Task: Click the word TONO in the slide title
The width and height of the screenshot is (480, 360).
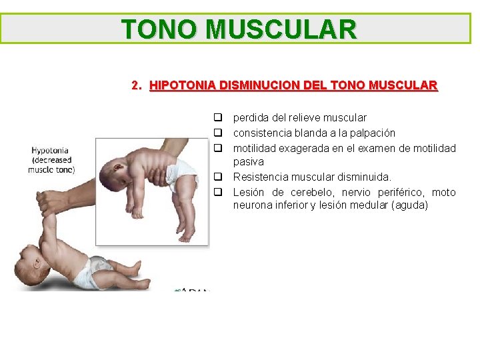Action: [160, 29]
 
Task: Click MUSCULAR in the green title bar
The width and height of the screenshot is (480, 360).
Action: [281, 29]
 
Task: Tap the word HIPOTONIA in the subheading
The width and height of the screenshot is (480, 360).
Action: [183, 85]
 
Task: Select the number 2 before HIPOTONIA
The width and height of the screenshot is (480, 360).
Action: [135, 85]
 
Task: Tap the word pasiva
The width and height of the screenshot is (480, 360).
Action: [248, 162]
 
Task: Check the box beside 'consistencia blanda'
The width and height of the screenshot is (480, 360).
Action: [217, 133]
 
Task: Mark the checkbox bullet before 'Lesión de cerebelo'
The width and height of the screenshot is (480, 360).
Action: [217, 193]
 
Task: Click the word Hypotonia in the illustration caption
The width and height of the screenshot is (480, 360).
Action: [50, 151]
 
